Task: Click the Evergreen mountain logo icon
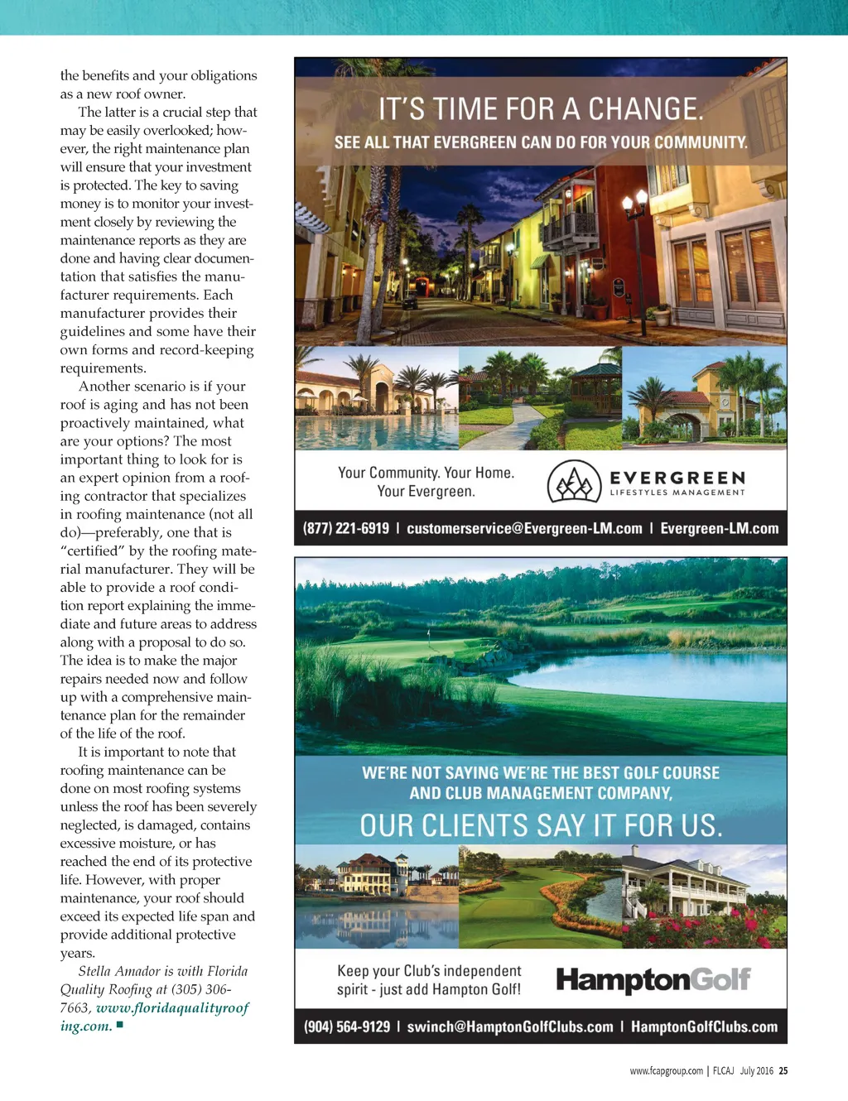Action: pos(574,482)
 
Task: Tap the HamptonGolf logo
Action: pos(653,980)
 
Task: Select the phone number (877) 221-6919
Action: pos(346,528)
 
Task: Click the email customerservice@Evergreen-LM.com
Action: pos(524,528)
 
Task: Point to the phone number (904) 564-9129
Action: pos(347,1026)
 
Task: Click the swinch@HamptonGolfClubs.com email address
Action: pos(510,1026)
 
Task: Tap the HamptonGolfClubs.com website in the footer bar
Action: pos(704,1026)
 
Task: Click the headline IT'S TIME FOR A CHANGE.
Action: pos(541,109)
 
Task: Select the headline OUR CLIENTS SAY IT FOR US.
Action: pos(541,825)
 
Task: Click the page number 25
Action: pos(783,1070)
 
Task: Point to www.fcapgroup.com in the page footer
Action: pos(666,1070)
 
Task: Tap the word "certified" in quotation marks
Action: pos(92,550)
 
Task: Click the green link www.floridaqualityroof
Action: pos(172,1007)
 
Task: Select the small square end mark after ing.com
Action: pos(120,1025)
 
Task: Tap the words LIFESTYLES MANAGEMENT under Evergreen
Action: pos(677,493)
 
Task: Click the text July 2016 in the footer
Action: pos(756,1070)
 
